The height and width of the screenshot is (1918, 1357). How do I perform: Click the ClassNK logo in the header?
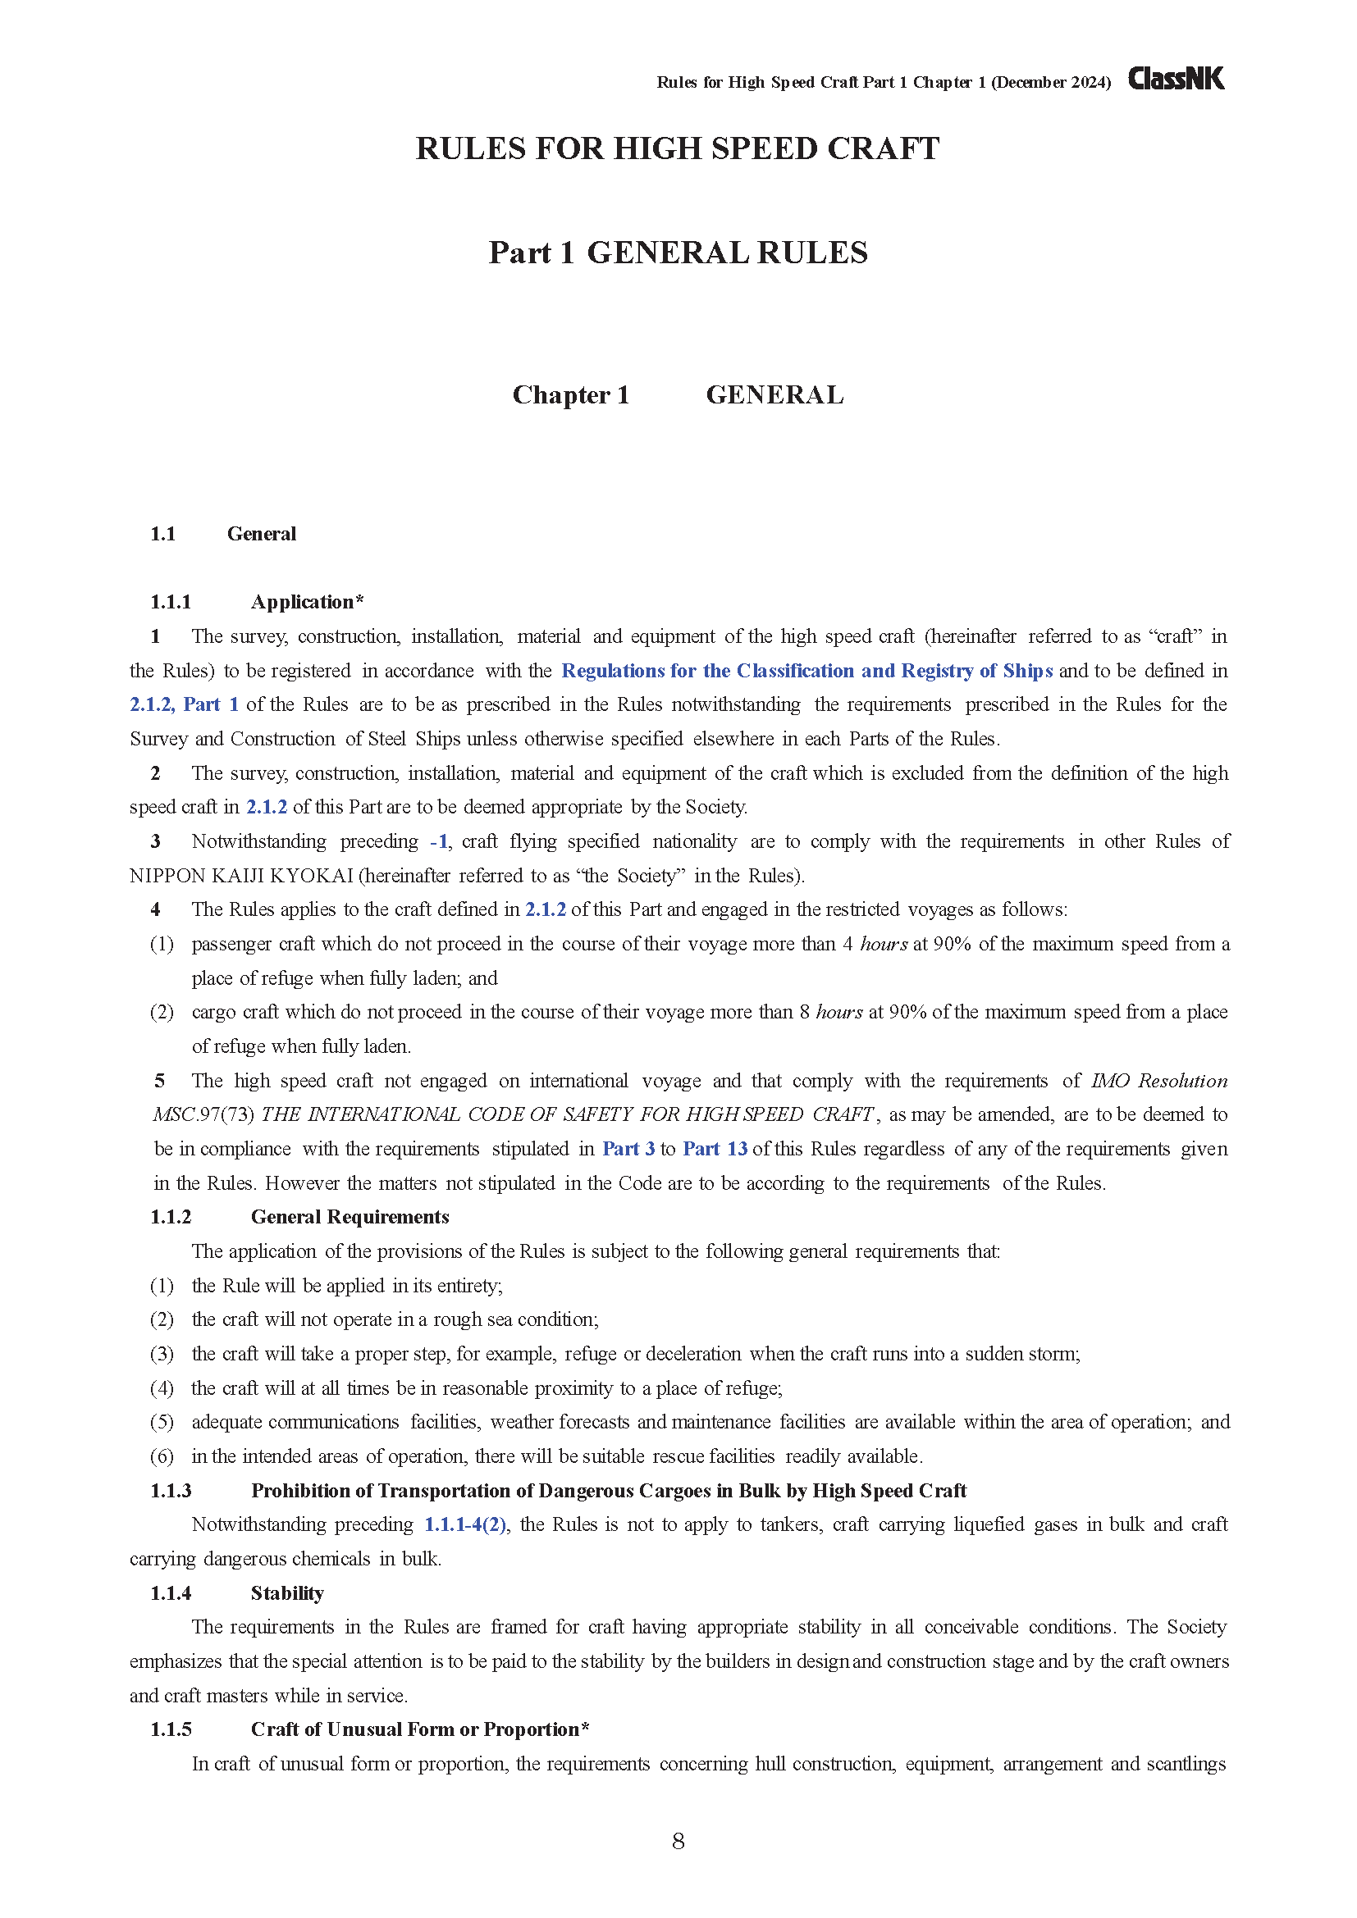pyautogui.click(x=1176, y=80)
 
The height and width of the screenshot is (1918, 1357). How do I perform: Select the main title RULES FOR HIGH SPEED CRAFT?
pyautogui.click(x=678, y=148)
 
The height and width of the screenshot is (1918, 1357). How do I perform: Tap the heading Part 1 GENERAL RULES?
pyautogui.click(x=678, y=253)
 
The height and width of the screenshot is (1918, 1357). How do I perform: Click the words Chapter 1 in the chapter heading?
pyautogui.click(x=571, y=394)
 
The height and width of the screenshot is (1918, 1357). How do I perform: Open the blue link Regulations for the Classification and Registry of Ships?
pyautogui.click(x=806, y=671)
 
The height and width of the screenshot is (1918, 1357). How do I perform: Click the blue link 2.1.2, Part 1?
pyautogui.click(x=184, y=705)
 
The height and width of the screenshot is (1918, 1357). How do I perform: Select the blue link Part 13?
pyautogui.click(x=715, y=1149)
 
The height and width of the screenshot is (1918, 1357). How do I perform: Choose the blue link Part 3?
pyautogui.click(x=628, y=1149)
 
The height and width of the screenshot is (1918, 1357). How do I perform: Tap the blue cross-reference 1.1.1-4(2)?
pyautogui.click(x=464, y=1524)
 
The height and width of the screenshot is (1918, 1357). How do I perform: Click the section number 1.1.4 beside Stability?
pyautogui.click(x=171, y=1593)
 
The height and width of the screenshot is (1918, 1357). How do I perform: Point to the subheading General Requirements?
pyautogui.click(x=350, y=1217)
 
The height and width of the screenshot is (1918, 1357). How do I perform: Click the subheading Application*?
pyautogui.click(x=307, y=603)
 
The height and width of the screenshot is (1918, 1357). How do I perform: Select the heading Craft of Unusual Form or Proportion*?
pyautogui.click(x=420, y=1729)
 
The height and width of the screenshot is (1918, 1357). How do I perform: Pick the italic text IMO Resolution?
pyautogui.click(x=1159, y=1081)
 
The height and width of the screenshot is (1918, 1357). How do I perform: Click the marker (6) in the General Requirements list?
pyautogui.click(x=162, y=1456)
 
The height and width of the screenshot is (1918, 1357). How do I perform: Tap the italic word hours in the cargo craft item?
pyautogui.click(x=839, y=1013)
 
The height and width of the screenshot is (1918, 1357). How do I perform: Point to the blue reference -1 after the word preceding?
pyautogui.click(x=439, y=841)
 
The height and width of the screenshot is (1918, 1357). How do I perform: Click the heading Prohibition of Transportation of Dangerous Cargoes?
pyautogui.click(x=608, y=1491)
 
